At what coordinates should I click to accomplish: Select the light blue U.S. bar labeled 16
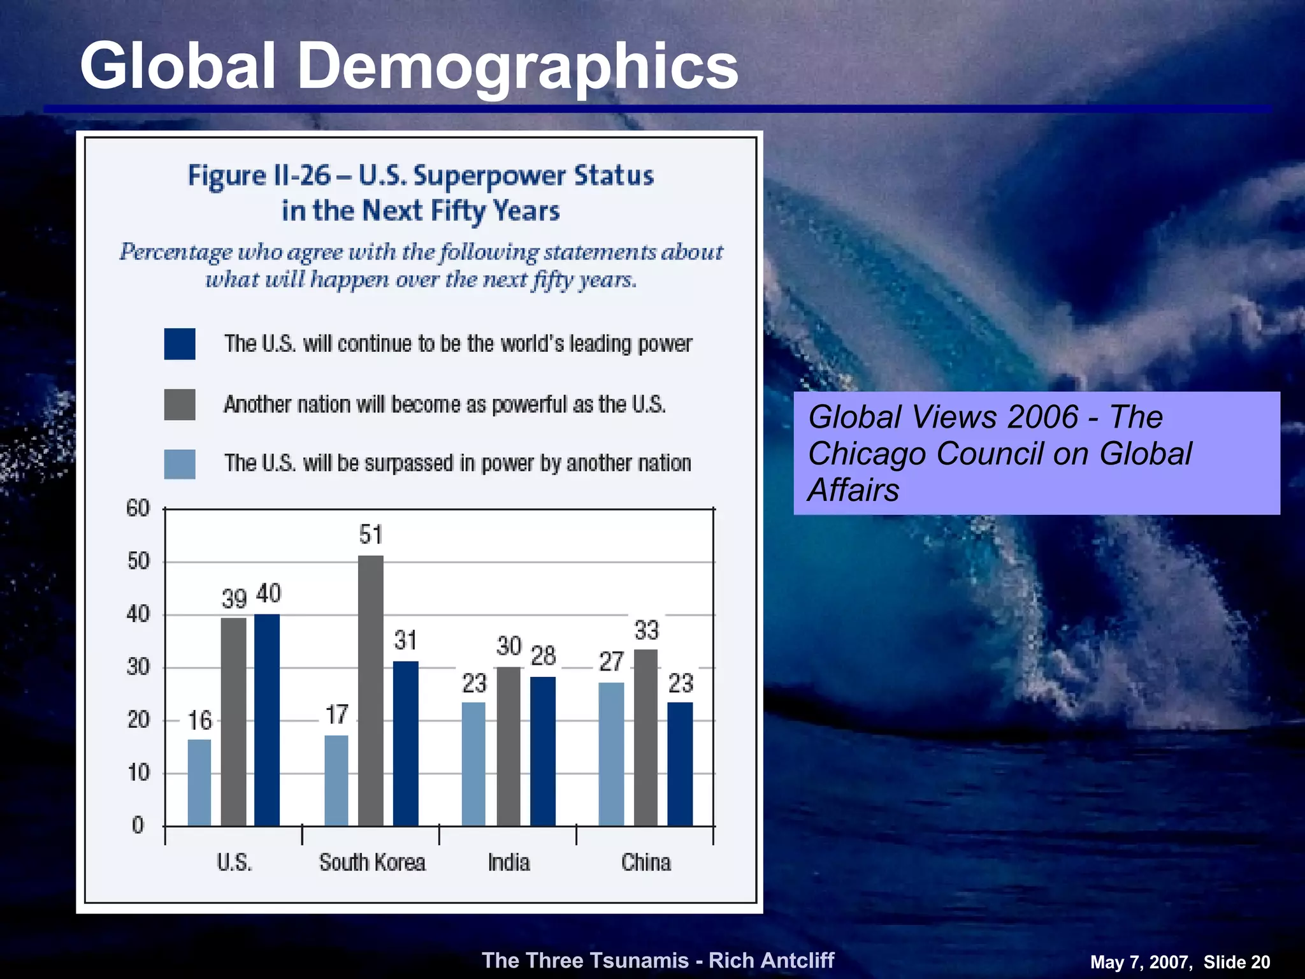click(199, 783)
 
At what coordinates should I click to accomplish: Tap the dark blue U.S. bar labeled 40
click(267, 720)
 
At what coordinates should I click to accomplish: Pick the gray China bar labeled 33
click(645, 737)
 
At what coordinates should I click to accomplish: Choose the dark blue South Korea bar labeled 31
click(406, 743)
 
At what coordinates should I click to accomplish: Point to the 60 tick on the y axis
click(138, 509)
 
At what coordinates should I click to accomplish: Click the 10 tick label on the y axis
click(138, 773)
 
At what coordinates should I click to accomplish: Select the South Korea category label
click(372, 862)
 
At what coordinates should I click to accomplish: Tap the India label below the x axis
click(508, 862)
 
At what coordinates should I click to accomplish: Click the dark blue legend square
click(180, 344)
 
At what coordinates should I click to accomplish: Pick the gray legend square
click(180, 404)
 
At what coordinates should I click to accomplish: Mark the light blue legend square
click(180, 463)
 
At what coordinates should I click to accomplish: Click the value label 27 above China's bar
click(611, 662)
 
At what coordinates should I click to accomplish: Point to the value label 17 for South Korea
click(337, 715)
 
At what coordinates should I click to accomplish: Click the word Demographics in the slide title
click(517, 66)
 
